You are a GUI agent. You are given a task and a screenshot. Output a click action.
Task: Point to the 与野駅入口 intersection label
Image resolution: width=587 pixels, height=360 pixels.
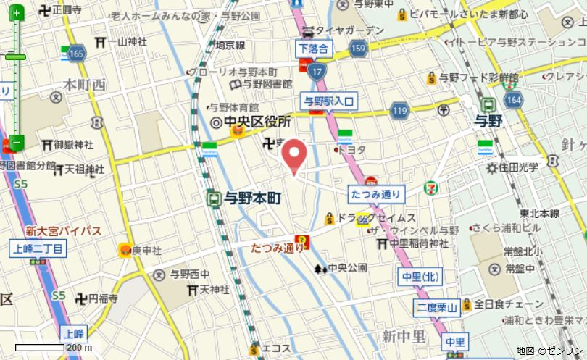(x=328, y=101)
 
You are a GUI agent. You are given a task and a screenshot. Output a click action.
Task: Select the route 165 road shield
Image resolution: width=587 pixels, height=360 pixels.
(x=77, y=54)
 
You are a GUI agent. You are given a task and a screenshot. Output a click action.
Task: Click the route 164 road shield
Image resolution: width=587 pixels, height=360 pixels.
(x=514, y=100)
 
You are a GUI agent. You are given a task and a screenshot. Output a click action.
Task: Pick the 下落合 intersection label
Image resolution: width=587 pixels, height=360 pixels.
(x=313, y=49)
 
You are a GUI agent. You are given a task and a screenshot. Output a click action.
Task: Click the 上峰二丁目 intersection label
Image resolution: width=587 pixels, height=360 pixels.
(x=38, y=249)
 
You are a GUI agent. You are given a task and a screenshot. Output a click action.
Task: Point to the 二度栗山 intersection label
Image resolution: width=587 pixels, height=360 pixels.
(x=437, y=308)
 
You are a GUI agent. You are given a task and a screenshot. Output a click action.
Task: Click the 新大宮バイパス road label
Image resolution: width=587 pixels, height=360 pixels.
(x=63, y=231)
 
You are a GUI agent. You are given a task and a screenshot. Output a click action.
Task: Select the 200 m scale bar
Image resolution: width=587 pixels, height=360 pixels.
(x=51, y=348)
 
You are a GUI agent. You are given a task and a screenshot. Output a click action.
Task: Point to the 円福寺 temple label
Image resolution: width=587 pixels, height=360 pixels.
(x=102, y=298)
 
